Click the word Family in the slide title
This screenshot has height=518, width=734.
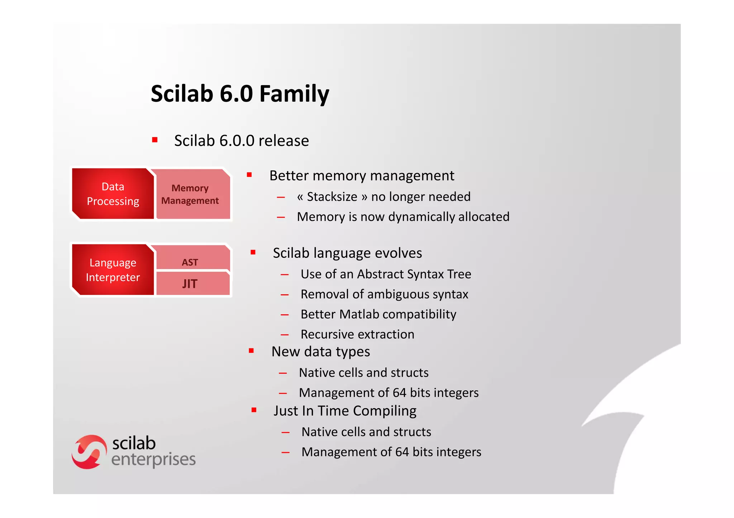294,94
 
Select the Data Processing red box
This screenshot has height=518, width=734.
113,194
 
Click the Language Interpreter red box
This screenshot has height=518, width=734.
113,270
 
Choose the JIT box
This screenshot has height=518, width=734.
190,284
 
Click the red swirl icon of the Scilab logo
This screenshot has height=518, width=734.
89,452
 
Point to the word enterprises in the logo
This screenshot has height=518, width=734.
153,460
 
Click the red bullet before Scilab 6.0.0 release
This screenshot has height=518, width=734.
155,140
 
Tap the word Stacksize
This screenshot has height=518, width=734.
332,197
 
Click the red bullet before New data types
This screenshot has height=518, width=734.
251,351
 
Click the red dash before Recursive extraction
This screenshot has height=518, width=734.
285,335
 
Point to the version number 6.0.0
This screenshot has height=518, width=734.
237,141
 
